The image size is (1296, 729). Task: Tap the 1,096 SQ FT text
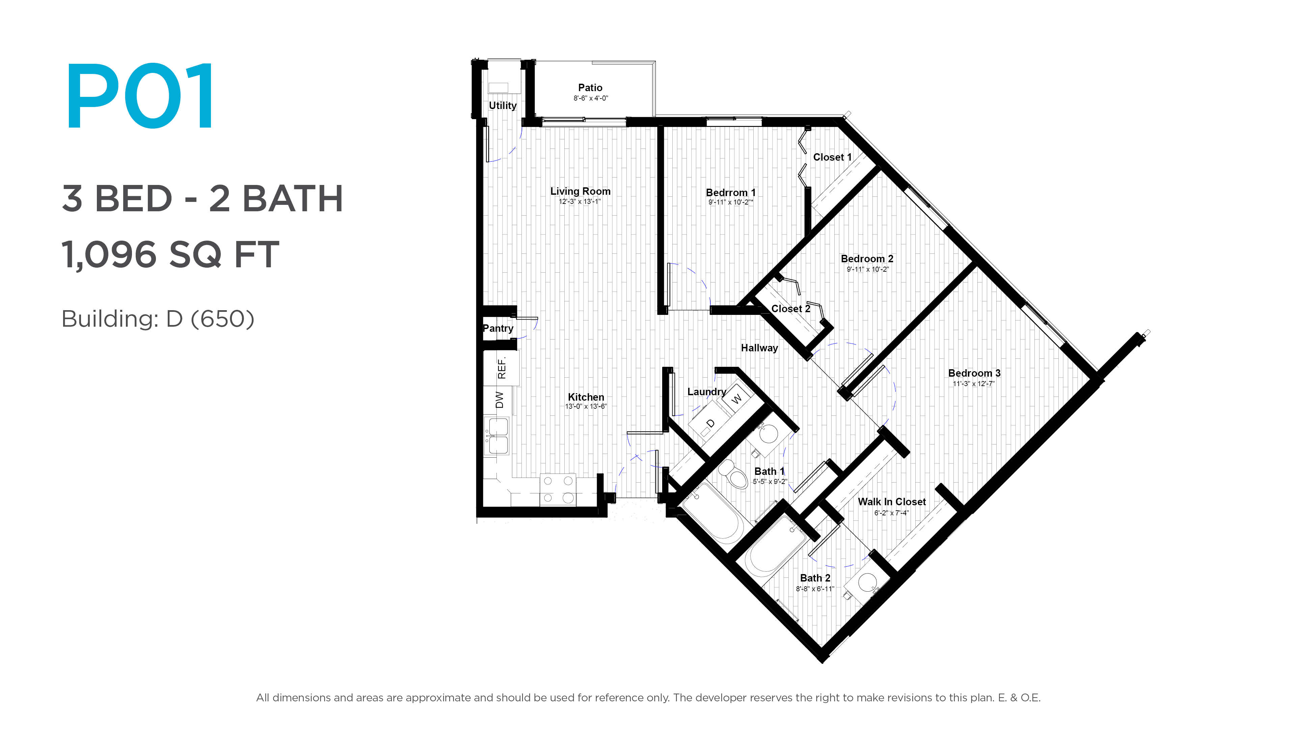pyautogui.click(x=170, y=254)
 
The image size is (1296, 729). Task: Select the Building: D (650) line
pyautogui.click(x=158, y=319)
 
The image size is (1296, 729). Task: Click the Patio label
pyautogui.click(x=590, y=87)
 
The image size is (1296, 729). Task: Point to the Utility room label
pyautogui.click(x=503, y=106)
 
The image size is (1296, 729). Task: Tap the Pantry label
pyautogui.click(x=498, y=328)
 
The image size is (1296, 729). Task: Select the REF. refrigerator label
pyautogui.click(x=501, y=368)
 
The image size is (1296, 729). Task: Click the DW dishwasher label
pyautogui.click(x=499, y=400)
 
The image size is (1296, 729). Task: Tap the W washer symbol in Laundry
pyautogui.click(x=736, y=399)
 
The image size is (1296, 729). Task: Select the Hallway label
pyautogui.click(x=759, y=348)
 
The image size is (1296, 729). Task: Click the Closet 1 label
pyautogui.click(x=832, y=157)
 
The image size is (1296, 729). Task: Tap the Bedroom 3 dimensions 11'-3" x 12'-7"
pyautogui.click(x=973, y=384)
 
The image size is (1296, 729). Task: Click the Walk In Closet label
pyautogui.click(x=891, y=502)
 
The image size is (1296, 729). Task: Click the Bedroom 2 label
pyautogui.click(x=867, y=259)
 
